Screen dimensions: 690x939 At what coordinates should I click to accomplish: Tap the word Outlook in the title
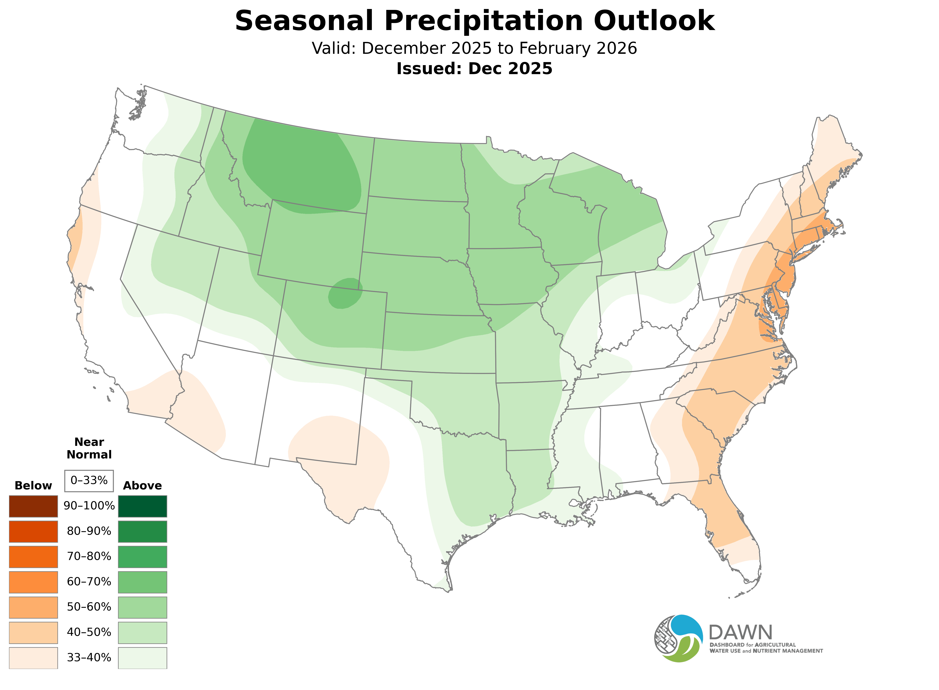click(654, 21)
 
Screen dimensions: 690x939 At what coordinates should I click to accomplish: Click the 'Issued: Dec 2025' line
click(474, 69)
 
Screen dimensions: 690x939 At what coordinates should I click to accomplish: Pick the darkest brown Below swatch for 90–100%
click(33, 506)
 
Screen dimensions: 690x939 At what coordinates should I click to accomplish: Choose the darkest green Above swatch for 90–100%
click(143, 506)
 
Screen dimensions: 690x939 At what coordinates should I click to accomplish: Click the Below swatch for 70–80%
click(33, 557)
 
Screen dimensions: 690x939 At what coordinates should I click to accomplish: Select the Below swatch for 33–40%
click(33, 658)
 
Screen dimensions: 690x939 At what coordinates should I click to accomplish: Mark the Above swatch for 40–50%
click(143, 632)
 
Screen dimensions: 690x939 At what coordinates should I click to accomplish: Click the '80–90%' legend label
click(89, 531)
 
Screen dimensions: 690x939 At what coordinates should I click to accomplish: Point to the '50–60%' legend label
click(89, 607)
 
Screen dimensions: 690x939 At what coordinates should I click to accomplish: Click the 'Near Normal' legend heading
click(89, 448)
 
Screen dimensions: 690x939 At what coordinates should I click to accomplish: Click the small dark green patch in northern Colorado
click(345, 294)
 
